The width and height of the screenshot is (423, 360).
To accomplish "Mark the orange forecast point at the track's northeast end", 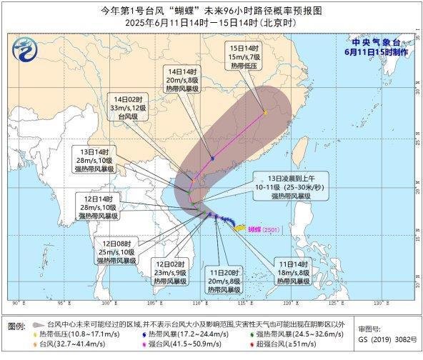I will coord(265,111).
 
